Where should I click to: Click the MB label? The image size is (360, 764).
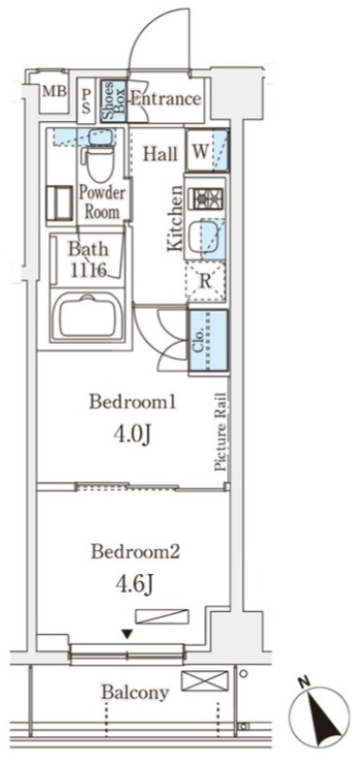(x=54, y=92)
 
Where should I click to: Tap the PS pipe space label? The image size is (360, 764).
(x=86, y=101)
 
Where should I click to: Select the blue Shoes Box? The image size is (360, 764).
(x=114, y=101)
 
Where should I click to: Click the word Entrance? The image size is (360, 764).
(x=165, y=99)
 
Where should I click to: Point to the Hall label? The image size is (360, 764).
(x=159, y=155)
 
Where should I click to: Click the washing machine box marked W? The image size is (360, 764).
(x=206, y=150)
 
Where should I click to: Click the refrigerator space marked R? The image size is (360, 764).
(x=205, y=283)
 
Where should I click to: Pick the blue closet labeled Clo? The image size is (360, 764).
(x=208, y=342)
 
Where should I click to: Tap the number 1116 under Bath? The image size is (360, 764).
(x=88, y=270)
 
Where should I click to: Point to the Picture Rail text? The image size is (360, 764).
(x=221, y=432)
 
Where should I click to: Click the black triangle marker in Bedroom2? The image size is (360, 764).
(x=128, y=634)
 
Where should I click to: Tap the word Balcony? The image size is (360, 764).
(x=135, y=692)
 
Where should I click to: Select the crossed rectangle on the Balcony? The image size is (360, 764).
(x=204, y=680)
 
